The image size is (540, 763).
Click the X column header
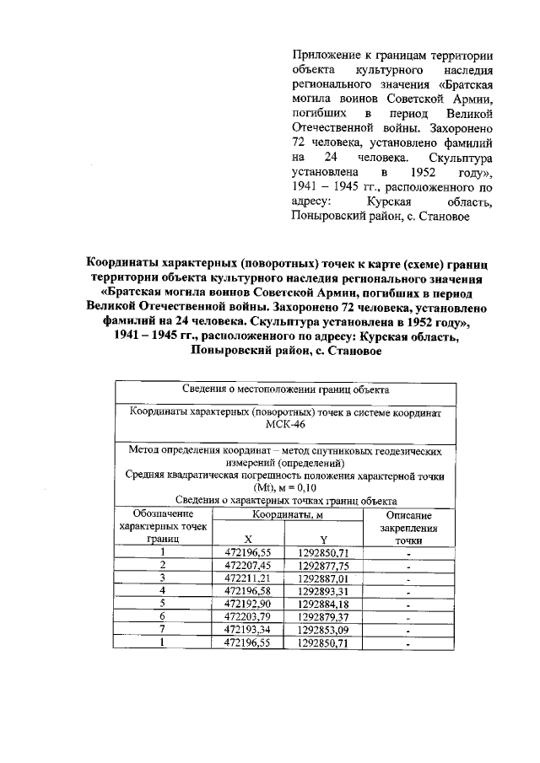(x=247, y=539)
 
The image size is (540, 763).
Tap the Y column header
(x=323, y=539)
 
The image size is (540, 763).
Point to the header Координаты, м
(x=286, y=514)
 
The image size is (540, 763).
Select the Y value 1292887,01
(x=323, y=578)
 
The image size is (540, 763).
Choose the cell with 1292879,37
(x=323, y=616)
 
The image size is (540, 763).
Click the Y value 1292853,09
(x=323, y=630)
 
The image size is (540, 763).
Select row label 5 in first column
(x=162, y=604)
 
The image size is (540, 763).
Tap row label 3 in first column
(x=162, y=578)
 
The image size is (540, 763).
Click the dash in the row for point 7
(x=408, y=631)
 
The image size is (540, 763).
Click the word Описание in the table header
(x=408, y=514)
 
